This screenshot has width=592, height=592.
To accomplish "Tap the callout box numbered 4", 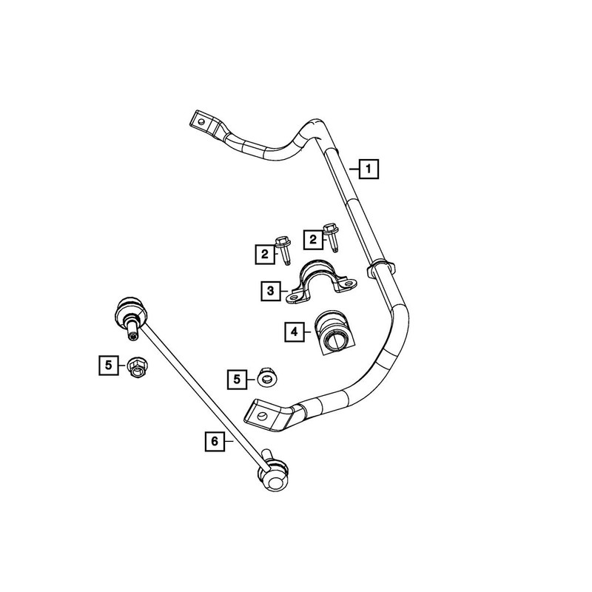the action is click(x=295, y=332).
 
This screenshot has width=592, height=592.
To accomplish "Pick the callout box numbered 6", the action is click(x=214, y=441).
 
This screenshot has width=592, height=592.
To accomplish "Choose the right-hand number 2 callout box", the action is click(x=313, y=239).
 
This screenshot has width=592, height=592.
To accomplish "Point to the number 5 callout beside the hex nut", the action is click(x=109, y=364).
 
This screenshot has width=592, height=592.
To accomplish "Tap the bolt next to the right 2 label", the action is click(x=331, y=235).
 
